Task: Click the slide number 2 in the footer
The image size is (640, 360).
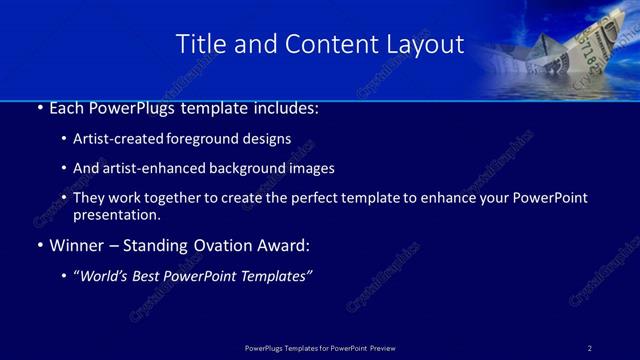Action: click(590, 348)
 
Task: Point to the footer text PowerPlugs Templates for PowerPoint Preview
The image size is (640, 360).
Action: click(320, 348)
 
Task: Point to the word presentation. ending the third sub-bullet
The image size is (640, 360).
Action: click(116, 214)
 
